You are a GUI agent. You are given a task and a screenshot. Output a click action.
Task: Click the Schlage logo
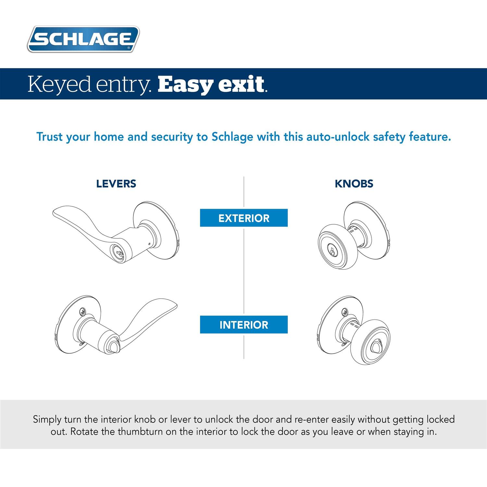pyautogui.click(x=83, y=39)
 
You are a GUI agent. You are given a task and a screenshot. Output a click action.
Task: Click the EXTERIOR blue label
pyautogui.click(x=244, y=218)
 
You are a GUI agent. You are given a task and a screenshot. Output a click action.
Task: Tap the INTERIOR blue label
pyautogui.click(x=244, y=325)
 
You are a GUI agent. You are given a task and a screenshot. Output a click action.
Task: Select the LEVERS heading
pyautogui.click(x=116, y=184)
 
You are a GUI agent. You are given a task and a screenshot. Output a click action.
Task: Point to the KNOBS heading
pyautogui.click(x=354, y=184)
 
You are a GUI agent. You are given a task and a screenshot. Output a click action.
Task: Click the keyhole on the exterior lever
pyautogui.click(x=116, y=251)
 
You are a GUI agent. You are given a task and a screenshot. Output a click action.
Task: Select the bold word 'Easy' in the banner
pyautogui.click(x=184, y=84)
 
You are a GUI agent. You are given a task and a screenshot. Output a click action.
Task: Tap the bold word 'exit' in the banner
pyautogui.click(x=241, y=84)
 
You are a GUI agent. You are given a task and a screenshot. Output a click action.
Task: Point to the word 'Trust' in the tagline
pyautogui.click(x=50, y=137)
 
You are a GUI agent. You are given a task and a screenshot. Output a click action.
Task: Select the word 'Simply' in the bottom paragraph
pyautogui.click(x=47, y=419)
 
